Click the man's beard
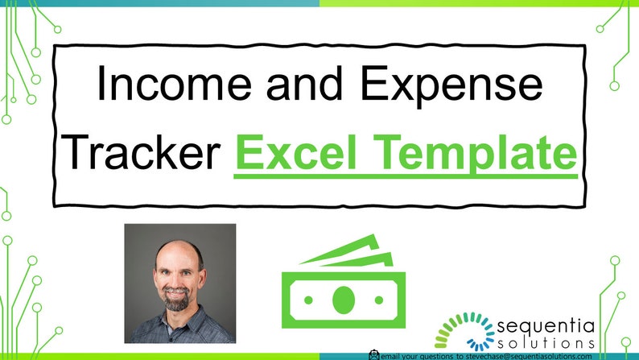[x=178, y=303]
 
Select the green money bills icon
[x=344, y=285]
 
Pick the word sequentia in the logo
[x=546, y=326]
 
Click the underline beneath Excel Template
[x=406, y=175]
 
